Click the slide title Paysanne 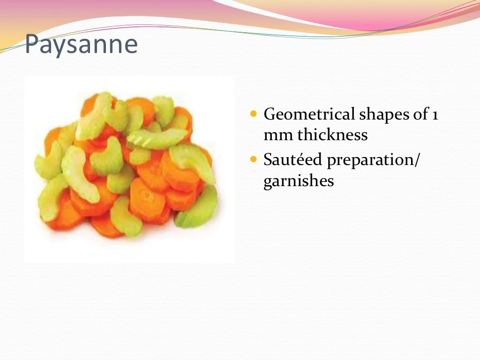click(x=81, y=45)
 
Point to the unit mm click(x=273, y=135)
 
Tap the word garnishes click(x=299, y=181)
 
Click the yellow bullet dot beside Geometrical click(x=254, y=114)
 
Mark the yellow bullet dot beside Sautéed click(x=254, y=160)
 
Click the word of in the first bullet click(x=420, y=114)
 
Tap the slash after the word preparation click(x=418, y=160)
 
